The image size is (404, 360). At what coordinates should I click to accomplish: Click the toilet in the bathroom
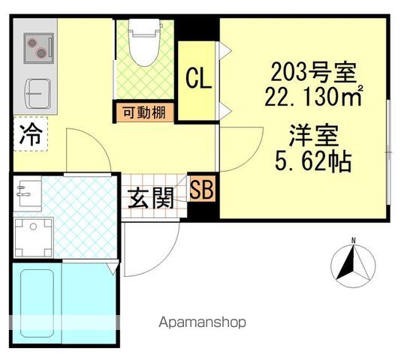pos(144,42)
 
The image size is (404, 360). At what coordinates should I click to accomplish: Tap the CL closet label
pos(198,78)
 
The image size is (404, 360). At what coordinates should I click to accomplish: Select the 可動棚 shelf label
pos(144,112)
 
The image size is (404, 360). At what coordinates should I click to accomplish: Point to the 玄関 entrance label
pos(151,198)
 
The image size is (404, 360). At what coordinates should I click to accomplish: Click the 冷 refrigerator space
pos(30,133)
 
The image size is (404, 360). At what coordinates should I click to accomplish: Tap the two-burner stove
pos(38,48)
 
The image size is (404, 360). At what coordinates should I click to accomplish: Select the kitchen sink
pos(38,94)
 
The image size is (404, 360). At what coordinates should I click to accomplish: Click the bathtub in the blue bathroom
pos(37,303)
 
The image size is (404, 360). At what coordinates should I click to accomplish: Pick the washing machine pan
pos(34,237)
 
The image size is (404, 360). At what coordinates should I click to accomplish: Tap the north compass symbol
pos(353,265)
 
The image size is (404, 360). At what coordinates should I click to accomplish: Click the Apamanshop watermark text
pos(202,322)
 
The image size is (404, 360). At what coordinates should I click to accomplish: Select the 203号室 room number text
pos(314,72)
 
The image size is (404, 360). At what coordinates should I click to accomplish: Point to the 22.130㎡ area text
pos(314,96)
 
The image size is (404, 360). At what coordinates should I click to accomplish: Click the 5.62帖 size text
pos(313,160)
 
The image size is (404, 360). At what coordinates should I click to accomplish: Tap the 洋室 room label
pos(314,135)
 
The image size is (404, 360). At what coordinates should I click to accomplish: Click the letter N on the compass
pos(354,241)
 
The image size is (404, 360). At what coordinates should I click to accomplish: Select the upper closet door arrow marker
pos(225,51)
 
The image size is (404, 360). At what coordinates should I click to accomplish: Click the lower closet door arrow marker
pos(225,112)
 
